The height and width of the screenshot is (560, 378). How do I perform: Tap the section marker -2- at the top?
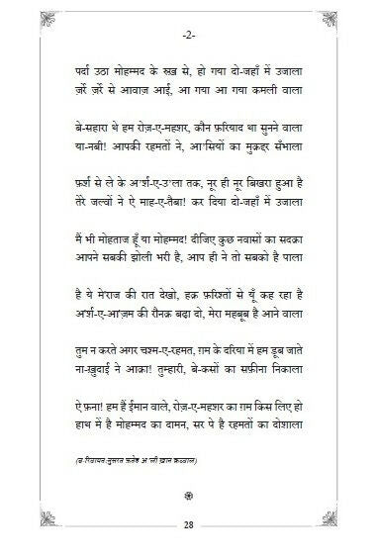[188, 37]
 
